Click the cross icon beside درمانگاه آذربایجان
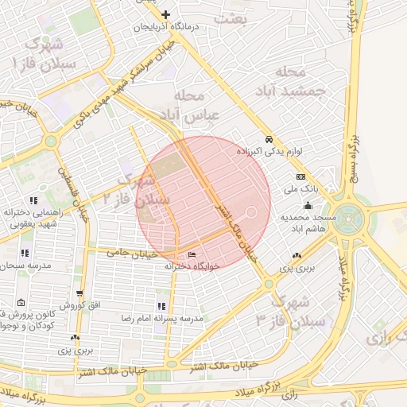point(165,14)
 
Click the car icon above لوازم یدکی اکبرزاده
point(269,137)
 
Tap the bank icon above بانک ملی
point(300,176)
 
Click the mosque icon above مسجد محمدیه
point(308,207)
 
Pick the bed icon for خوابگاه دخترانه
point(191,254)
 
